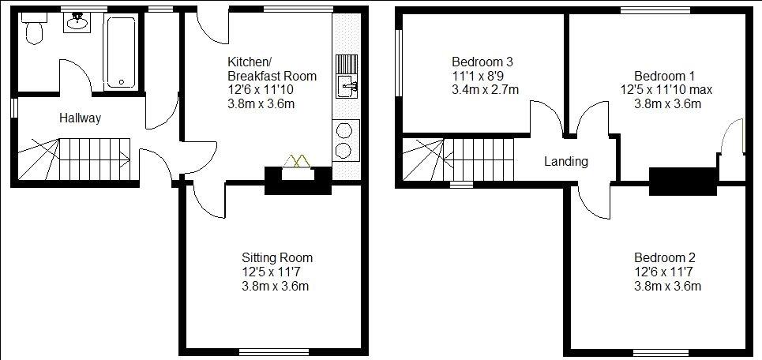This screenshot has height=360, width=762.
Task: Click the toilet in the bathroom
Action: coord(34,28)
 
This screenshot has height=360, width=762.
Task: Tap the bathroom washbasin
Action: coord(75,22)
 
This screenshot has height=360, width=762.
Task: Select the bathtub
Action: coord(121,52)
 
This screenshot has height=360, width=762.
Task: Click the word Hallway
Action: coord(81,118)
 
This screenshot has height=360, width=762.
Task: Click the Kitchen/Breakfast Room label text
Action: coord(272,69)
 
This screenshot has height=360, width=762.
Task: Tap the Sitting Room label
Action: coord(277,257)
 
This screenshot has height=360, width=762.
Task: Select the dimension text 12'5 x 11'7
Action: coord(274,272)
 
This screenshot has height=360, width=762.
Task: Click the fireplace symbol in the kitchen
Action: coord(297,161)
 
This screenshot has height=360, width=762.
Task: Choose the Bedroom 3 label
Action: coord(482,62)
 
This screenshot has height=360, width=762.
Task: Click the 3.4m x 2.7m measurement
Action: coord(485,89)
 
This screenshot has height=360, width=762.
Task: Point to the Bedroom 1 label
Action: coord(664,77)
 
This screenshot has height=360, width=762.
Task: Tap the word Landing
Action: coord(566,161)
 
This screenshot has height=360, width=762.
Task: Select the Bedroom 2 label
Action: coord(665,257)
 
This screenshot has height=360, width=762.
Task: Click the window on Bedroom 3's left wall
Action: coord(399,63)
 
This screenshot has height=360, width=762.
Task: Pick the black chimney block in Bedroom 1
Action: coord(683,182)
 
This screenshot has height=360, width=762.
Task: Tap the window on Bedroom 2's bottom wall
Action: coord(661,352)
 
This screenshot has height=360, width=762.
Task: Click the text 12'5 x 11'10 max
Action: coord(666,90)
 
